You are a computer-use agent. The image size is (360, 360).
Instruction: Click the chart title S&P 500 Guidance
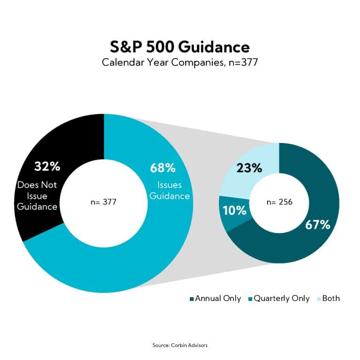pos(180,48)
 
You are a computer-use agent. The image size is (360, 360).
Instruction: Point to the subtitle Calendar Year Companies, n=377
pos(180,62)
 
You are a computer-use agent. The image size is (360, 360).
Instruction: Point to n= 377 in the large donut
pos(103,202)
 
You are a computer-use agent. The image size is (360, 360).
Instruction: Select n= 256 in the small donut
pos(279,202)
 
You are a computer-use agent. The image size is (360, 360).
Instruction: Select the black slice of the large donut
pos(42,141)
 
